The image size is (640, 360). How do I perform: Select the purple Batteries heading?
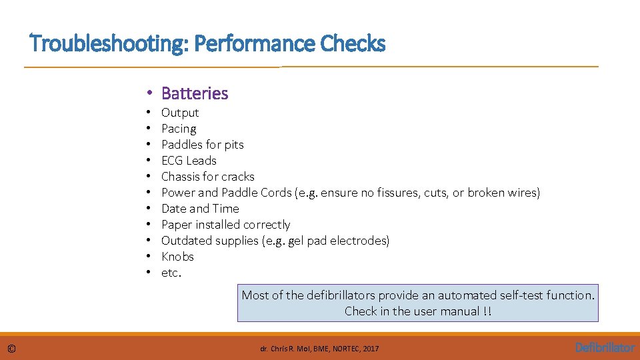[x=195, y=93]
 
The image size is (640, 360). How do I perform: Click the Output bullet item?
[x=180, y=113]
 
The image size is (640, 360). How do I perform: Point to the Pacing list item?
[x=179, y=129]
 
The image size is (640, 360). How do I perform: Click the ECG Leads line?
[x=189, y=161]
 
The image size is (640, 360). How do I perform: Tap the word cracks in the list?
[x=237, y=177]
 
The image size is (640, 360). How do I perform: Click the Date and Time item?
[x=200, y=209]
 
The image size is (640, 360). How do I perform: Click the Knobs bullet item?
[x=177, y=257]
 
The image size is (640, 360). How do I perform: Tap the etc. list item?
[x=171, y=273]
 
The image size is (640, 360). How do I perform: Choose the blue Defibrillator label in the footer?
[x=605, y=347]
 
